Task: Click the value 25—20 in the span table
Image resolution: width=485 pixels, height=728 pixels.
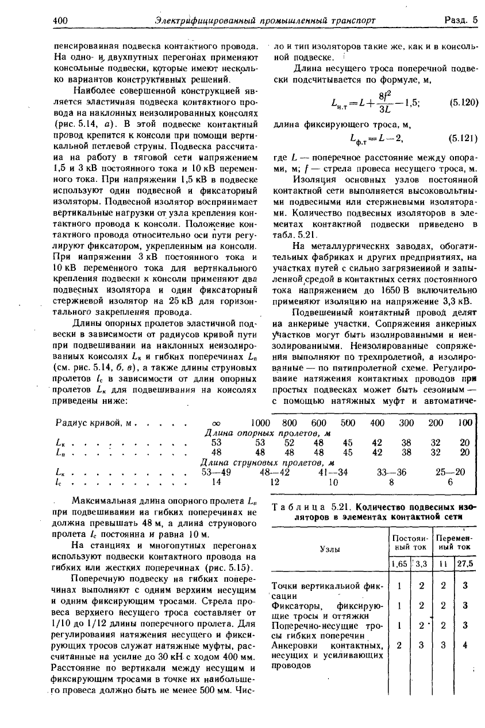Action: [x=451, y=472]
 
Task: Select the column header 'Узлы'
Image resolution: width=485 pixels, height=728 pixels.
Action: [x=329, y=548]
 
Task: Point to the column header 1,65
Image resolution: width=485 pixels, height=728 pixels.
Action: [x=399, y=563]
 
